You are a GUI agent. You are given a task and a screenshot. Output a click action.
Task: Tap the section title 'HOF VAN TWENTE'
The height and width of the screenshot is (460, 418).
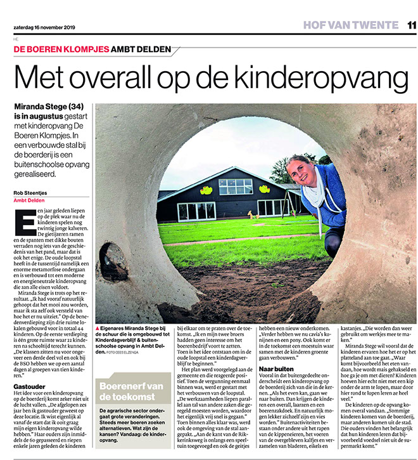tap(350, 25)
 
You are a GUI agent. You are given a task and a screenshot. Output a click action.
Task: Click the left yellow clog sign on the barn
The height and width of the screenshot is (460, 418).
tap(206, 190)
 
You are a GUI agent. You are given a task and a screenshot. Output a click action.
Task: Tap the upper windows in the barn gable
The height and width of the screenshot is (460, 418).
tap(236, 185)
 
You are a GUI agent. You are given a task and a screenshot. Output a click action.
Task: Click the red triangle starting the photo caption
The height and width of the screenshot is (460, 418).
tap(96, 329)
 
